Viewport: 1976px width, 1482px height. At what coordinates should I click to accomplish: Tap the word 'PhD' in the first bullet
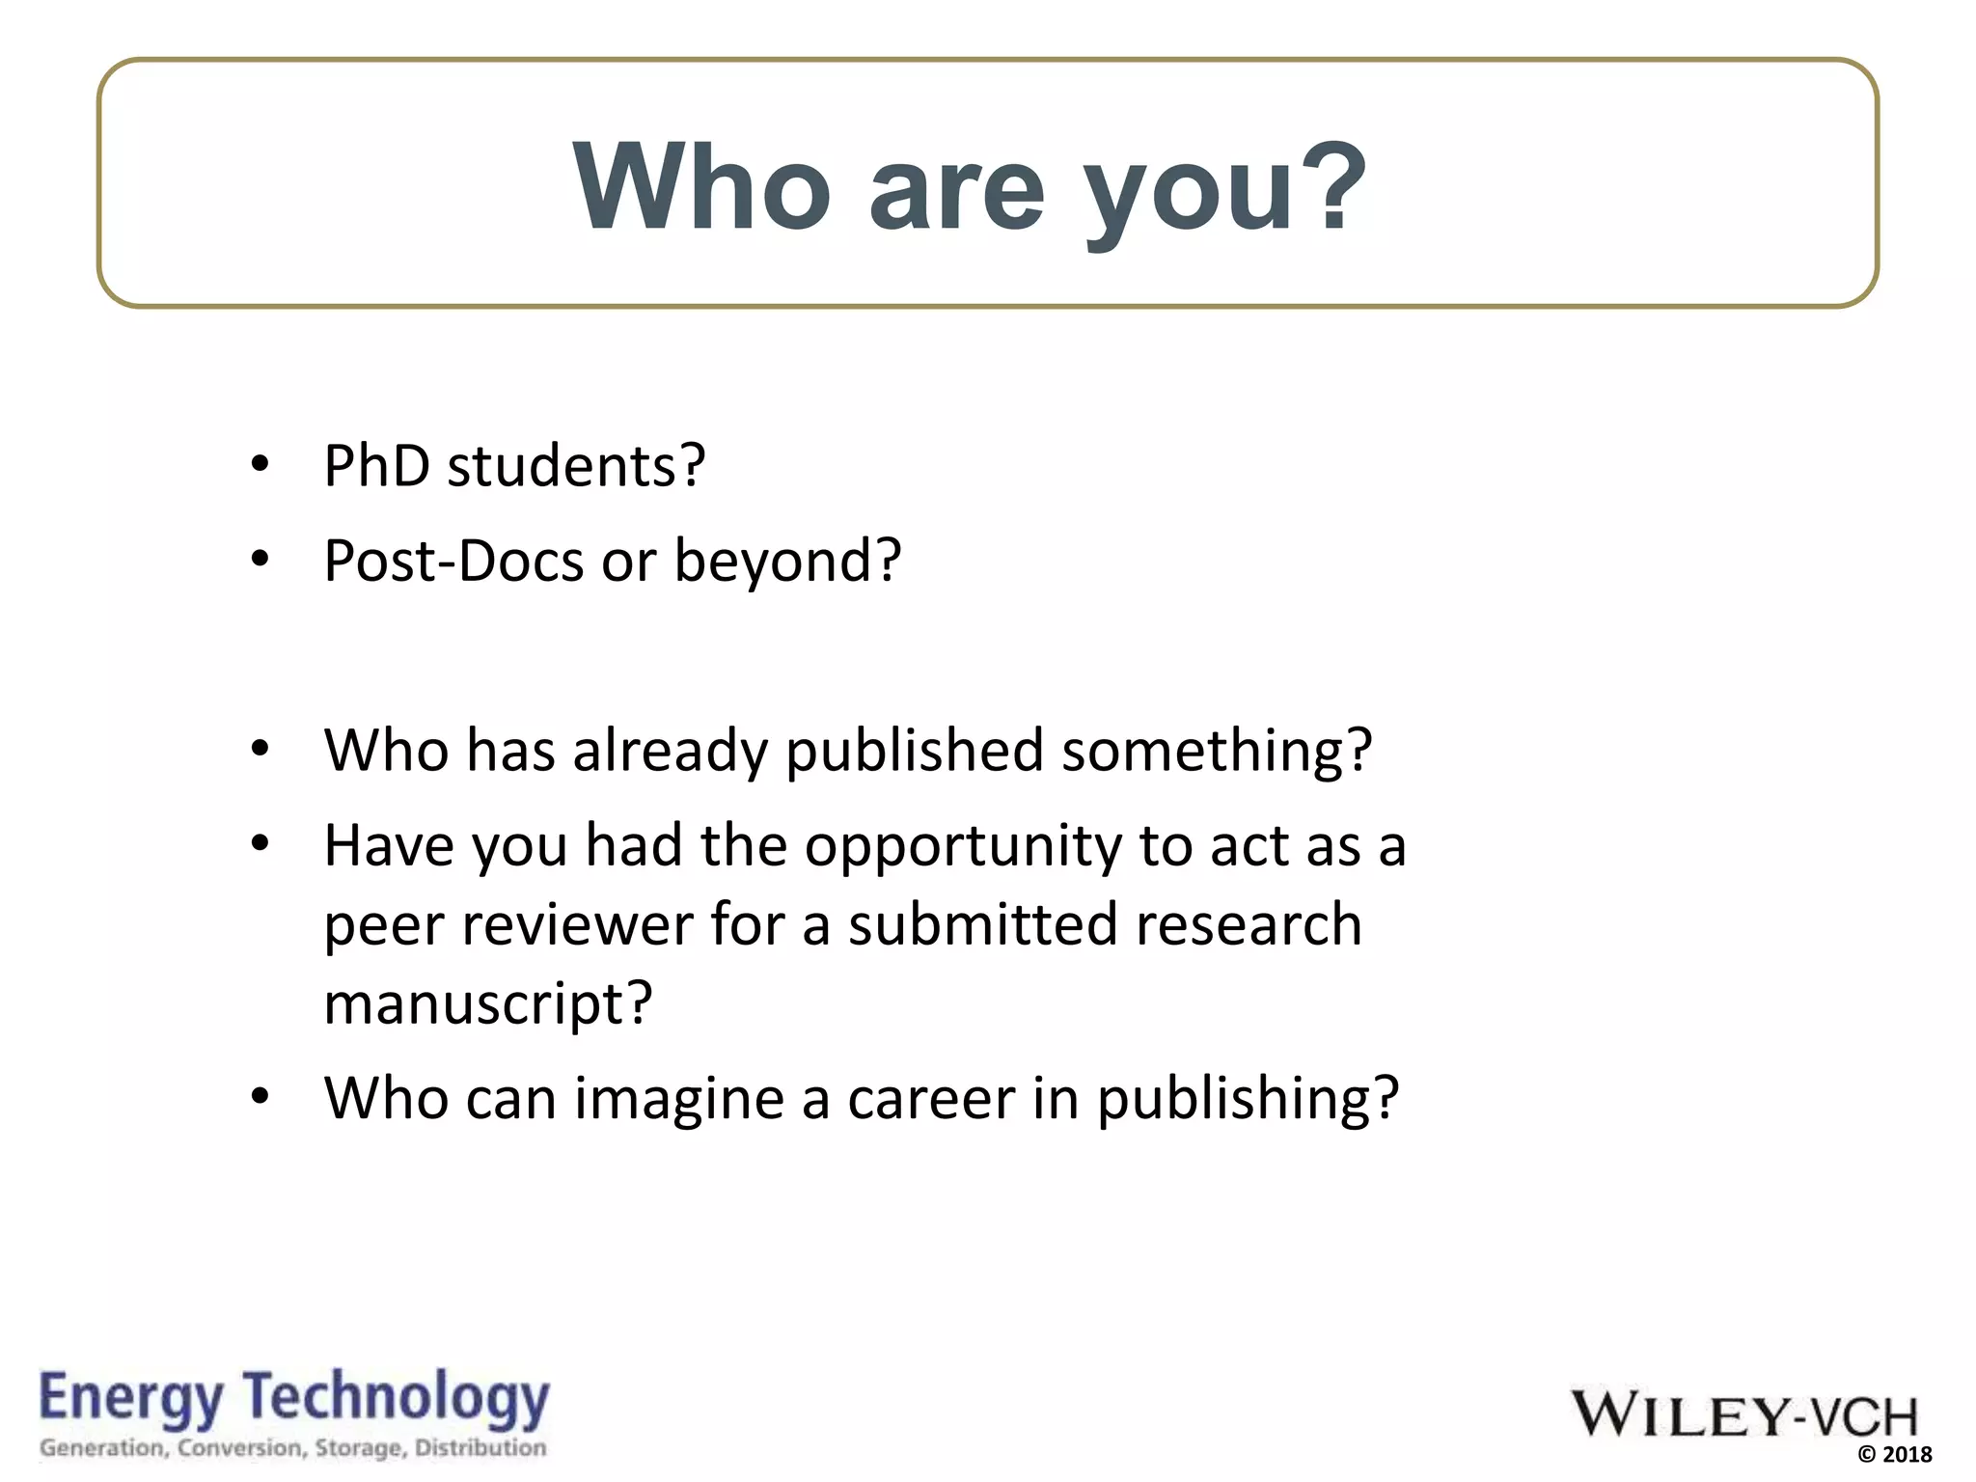(x=376, y=466)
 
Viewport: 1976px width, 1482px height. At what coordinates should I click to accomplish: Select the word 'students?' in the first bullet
(x=576, y=466)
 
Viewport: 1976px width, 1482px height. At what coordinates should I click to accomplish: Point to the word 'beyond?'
(x=787, y=561)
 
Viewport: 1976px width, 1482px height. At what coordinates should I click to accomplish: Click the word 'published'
(x=914, y=751)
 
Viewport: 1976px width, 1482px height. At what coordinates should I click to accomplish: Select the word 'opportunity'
(x=963, y=847)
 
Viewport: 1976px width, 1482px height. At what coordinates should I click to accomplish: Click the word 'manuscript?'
(x=488, y=1003)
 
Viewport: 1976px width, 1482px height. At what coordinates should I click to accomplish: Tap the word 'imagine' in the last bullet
(x=679, y=1098)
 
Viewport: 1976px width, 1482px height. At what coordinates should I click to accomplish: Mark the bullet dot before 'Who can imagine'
(x=260, y=1097)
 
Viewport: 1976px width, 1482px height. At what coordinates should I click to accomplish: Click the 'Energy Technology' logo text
(x=294, y=1399)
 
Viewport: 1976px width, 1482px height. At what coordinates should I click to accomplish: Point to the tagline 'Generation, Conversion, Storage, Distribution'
(x=293, y=1448)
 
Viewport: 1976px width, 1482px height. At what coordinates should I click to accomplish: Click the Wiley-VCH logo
(x=1744, y=1414)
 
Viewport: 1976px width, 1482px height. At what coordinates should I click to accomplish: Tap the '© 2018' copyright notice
(x=1894, y=1455)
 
